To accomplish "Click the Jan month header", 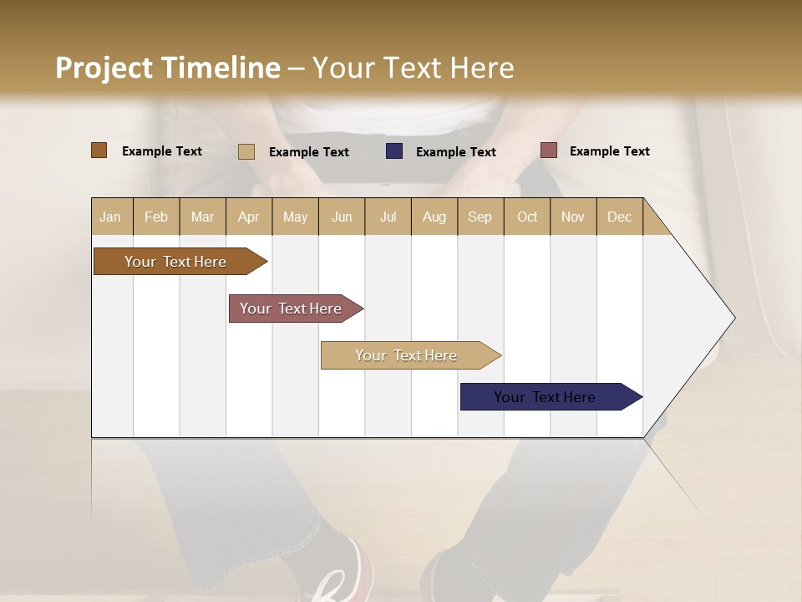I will [110, 217].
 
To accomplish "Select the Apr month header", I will [248, 217].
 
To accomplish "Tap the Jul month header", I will [388, 217].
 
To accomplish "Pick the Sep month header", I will [480, 217].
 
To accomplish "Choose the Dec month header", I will [619, 217].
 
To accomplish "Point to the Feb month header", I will [156, 217].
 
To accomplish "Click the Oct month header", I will [527, 217].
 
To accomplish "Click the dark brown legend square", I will [99, 150].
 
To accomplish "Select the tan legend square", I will [246, 151].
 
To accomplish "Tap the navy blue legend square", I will [393, 151].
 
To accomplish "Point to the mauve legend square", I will [548, 150].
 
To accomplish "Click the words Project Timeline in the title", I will [168, 68].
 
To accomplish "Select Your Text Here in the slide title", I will [413, 68].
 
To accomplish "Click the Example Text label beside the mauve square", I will [609, 151].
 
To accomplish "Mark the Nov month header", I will [573, 217].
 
